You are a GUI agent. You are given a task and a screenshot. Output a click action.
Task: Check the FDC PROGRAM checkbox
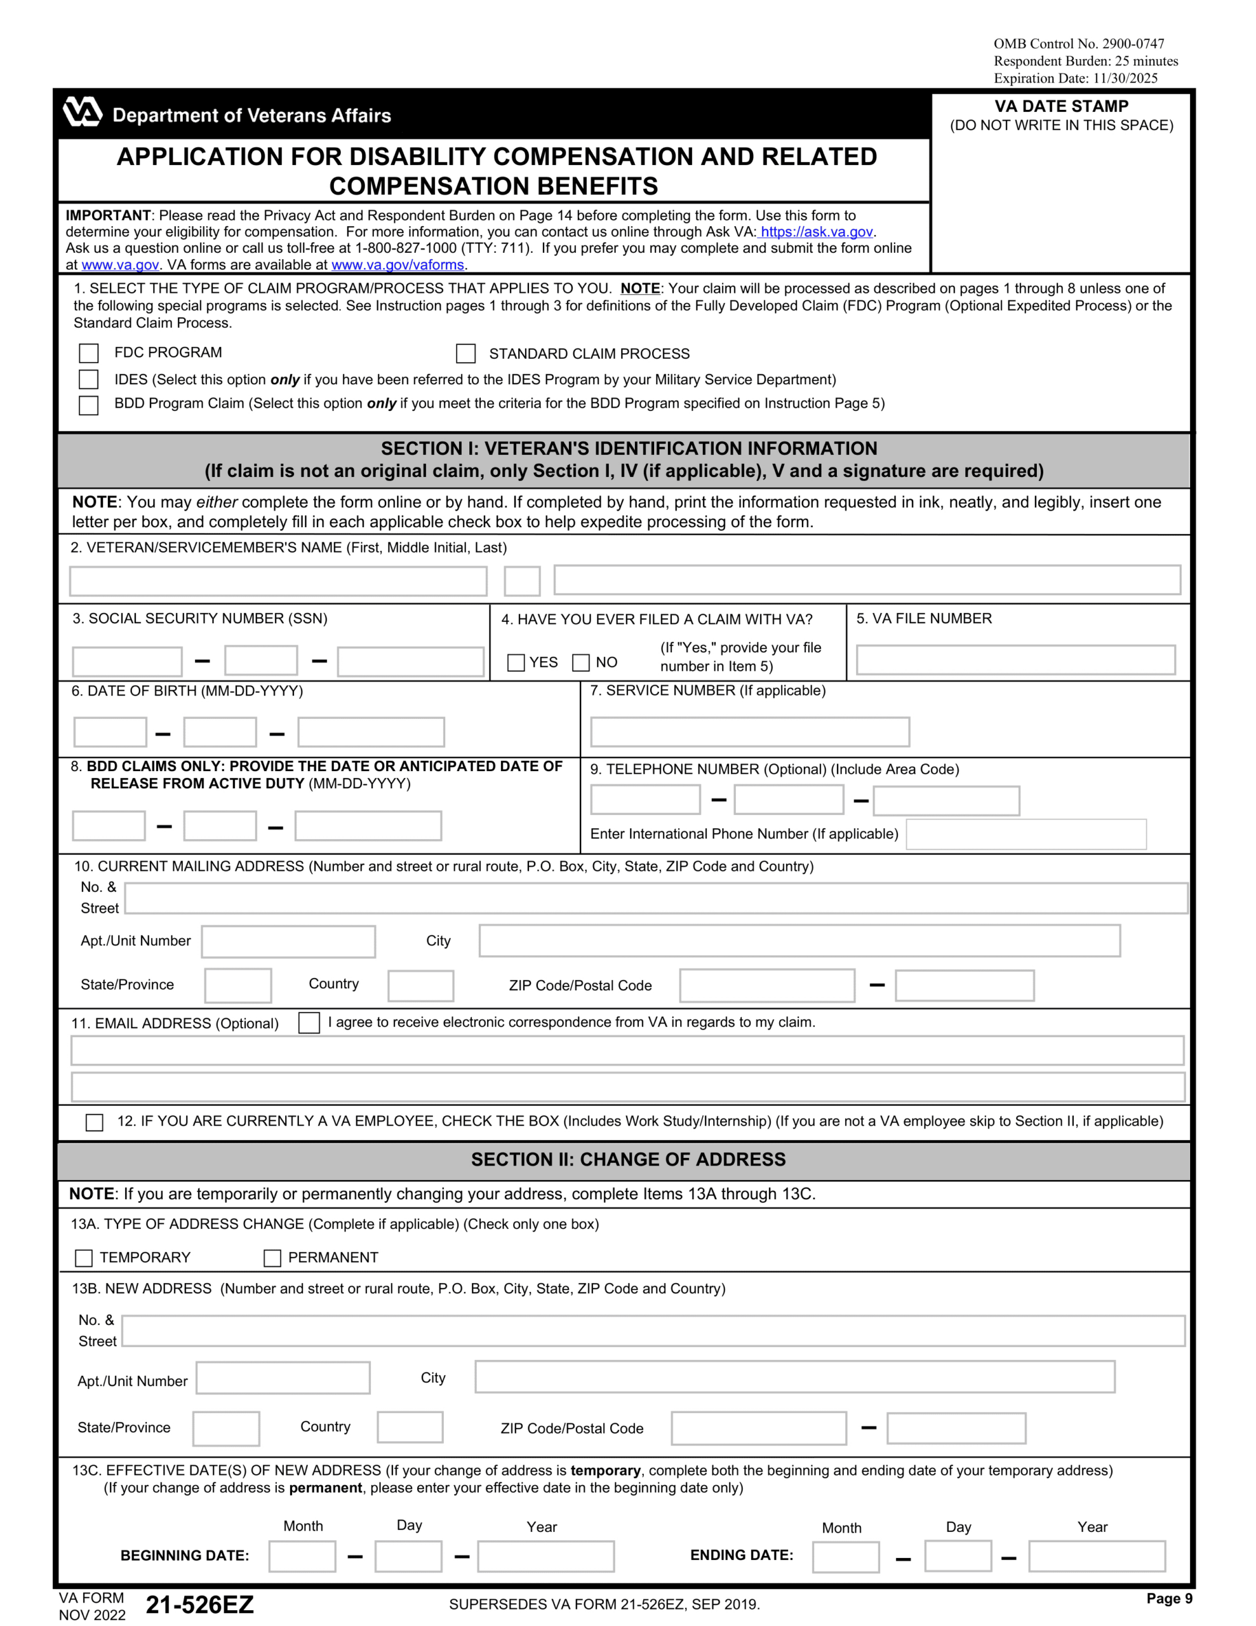(89, 353)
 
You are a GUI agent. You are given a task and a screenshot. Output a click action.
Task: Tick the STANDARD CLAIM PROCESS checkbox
(465, 353)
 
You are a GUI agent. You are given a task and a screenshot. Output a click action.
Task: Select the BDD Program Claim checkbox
(89, 405)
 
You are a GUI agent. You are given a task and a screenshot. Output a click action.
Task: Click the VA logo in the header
(83, 112)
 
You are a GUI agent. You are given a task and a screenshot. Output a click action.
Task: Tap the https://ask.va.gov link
(816, 232)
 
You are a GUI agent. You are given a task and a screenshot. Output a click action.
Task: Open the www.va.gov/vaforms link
(398, 265)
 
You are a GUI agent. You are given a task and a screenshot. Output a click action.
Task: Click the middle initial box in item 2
(522, 581)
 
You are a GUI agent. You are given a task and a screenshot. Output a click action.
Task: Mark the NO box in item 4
(581, 662)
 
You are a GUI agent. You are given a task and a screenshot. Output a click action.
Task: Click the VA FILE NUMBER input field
(1015, 660)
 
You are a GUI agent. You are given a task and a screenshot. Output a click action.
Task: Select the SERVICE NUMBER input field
(749, 731)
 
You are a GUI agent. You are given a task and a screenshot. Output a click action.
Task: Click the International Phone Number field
(1026, 834)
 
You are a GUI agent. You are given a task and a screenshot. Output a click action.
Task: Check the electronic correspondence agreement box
(309, 1022)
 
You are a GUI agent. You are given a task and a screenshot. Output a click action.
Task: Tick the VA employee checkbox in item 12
(95, 1122)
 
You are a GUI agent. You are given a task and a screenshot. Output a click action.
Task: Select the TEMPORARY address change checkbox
(84, 1258)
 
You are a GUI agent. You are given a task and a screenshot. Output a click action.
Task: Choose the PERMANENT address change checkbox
(272, 1258)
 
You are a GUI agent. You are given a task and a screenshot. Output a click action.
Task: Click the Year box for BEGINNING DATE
(545, 1556)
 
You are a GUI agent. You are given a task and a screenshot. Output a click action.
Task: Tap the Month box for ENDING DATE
(845, 1557)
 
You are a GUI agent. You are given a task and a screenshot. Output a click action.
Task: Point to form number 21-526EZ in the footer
(199, 1604)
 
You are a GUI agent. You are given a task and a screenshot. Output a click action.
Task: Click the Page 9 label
(1169, 1597)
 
